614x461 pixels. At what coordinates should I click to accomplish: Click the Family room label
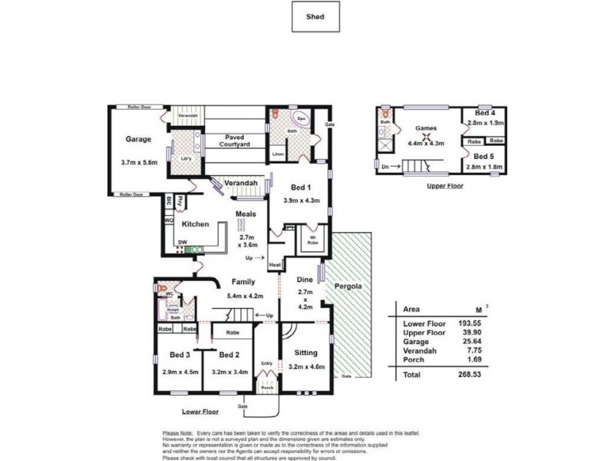pyautogui.click(x=244, y=282)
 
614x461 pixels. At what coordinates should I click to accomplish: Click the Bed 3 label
pyautogui.click(x=181, y=355)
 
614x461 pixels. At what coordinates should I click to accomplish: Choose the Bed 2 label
pyautogui.click(x=229, y=355)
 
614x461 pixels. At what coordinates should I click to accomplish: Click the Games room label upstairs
pyautogui.click(x=425, y=128)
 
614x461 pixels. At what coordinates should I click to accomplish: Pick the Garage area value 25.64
pyautogui.click(x=470, y=340)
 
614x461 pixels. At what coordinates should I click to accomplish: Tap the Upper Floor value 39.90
pyautogui.click(x=470, y=332)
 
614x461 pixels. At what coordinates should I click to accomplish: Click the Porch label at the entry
pyautogui.click(x=267, y=388)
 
